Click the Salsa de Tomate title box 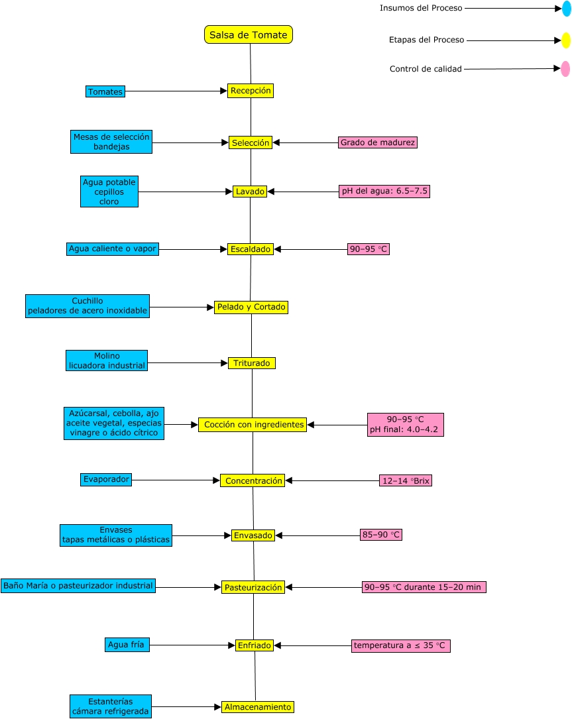249,34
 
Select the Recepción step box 251,91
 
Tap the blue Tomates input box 105,91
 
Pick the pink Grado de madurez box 378,142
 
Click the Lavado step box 250,192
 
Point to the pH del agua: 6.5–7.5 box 384,191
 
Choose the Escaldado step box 250,249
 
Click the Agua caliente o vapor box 113,249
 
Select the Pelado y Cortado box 251,307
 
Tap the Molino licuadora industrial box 107,360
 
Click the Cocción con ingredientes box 253,425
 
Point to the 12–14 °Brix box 405,480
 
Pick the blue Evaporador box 106,478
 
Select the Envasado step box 253,535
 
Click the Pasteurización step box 253,587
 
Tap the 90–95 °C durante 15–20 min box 424,586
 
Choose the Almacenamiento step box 257,707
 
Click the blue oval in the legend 566,9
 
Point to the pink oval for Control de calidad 565,68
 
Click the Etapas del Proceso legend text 426,40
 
